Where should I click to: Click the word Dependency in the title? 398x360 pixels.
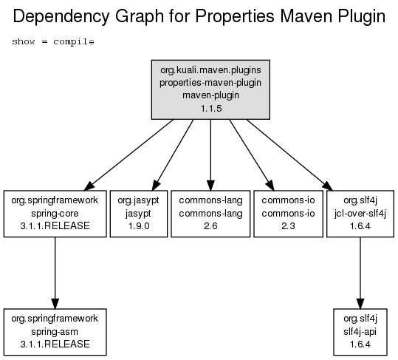click(x=61, y=17)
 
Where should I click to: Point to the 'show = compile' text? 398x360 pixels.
click(x=53, y=41)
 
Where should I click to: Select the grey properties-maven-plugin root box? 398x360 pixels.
click(x=210, y=89)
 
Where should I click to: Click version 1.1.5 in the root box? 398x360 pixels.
click(x=211, y=109)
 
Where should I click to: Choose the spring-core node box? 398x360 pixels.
click(x=55, y=214)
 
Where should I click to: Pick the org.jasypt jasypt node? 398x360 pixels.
click(x=139, y=214)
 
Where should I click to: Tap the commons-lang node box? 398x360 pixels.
click(x=210, y=214)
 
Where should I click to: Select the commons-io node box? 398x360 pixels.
click(x=288, y=214)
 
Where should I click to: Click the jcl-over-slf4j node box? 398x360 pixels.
click(x=360, y=214)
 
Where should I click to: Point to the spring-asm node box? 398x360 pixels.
click(x=55, y=332)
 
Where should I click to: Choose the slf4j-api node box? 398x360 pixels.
click(x=360, y=332)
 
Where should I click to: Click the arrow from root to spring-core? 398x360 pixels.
click(x=128, y=154)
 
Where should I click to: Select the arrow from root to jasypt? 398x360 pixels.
click(x=173, y=155)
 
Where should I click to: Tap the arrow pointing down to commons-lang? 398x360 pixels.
click(x=210, y=154)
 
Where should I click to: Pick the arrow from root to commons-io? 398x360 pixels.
click(x=252, y=155)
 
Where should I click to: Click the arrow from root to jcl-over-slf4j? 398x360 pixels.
click(x=289, y=154)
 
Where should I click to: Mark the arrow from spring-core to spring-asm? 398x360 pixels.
click(x=55, y=273)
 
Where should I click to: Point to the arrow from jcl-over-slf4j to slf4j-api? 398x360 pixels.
click(x=360, y=273)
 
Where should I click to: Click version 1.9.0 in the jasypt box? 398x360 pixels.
click(x=139, y=226)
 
